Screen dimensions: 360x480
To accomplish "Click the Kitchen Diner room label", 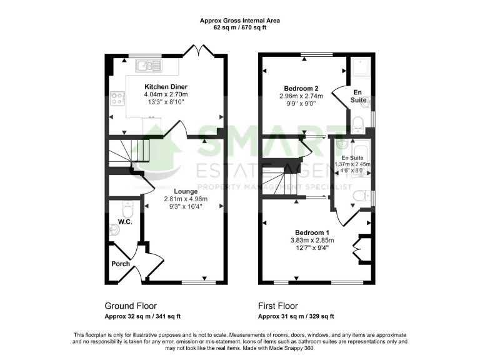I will pos(166,86).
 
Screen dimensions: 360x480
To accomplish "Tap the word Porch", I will pos(121,264).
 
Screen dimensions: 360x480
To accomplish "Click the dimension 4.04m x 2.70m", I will pos(166,94).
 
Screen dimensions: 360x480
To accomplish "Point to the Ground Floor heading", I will pos(129,306).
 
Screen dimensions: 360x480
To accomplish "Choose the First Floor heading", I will pos(278,306).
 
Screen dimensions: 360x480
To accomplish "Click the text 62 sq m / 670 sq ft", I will pos(240,28).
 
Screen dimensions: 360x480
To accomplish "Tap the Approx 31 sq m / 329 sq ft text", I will pos(296,316).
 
